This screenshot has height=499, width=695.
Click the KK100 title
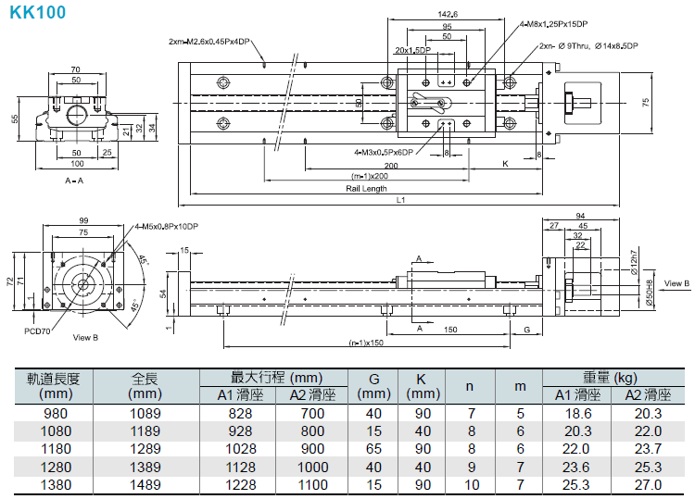click(38, 12)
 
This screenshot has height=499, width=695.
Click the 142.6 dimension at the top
click(448, 14)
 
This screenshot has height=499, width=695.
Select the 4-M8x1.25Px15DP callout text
click(554, 24)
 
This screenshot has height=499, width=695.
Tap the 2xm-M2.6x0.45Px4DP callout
click(209, 41)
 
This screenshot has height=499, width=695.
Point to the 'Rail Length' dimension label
click(366, 188)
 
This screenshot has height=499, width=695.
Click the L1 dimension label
click(400, 200)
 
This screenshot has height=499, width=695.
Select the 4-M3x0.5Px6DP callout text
click(384, 153)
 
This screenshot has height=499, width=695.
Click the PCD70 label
click(37, 331)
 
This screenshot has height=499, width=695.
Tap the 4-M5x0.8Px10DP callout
click(167, 226)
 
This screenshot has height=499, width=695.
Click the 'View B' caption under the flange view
click(85, 337)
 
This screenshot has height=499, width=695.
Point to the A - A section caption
click(74, 181)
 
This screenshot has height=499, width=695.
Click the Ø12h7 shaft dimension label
click(634, 263)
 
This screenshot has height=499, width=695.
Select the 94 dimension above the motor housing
click(581, 216)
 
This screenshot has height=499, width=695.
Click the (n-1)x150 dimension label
click(366, 343)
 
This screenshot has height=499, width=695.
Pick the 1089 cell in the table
click(145, 413)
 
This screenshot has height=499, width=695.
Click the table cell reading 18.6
click(578, 413)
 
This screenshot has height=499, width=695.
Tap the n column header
click(470, 386)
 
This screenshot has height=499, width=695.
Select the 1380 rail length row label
click(56, 485)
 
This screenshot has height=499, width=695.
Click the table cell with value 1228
click(241, 485)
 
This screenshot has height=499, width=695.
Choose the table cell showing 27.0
click(648, 485)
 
